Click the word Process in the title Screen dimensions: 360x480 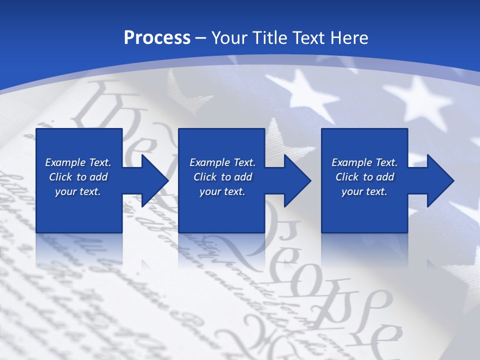click(157, 38)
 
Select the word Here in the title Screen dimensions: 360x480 click(349, 38)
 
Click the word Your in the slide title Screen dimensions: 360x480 click(228, 38)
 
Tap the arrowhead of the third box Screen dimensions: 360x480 click(439, 180)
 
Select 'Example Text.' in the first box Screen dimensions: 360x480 click(78, 162)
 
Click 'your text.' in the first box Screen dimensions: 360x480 click(78, 191)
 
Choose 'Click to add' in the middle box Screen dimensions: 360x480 click(222, 177)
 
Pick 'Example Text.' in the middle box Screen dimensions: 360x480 click(222, 162)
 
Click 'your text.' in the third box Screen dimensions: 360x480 click(364, 191)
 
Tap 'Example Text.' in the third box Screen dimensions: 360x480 click(364, 162)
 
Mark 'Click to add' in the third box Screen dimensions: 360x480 click(364, 177)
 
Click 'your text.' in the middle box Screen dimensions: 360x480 click(222, 191)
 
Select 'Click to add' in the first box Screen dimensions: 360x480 click(78, 177)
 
